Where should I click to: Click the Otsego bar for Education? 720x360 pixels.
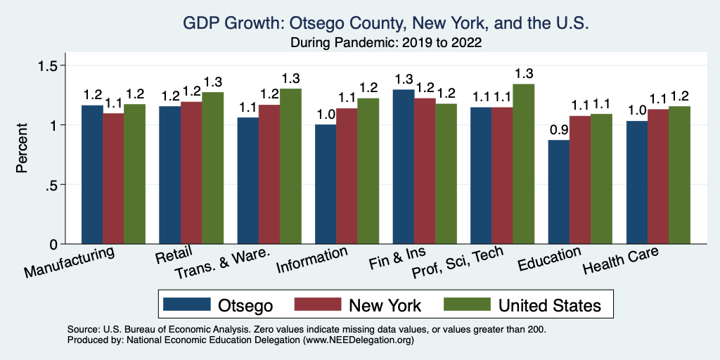coord(558,192)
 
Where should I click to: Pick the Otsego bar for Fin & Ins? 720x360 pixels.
coord(404,167)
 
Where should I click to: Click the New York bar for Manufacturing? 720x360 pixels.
coord(114,179)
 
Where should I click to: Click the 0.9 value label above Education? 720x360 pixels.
coord(558,131)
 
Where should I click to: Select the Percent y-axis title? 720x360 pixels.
coord(23,149)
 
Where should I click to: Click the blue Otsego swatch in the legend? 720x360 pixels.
coord(187,304)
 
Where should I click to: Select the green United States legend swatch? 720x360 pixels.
coord(465,304)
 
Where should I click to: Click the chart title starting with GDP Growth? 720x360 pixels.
coord(385,23)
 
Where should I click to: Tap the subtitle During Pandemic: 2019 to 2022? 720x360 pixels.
coord(385,42)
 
